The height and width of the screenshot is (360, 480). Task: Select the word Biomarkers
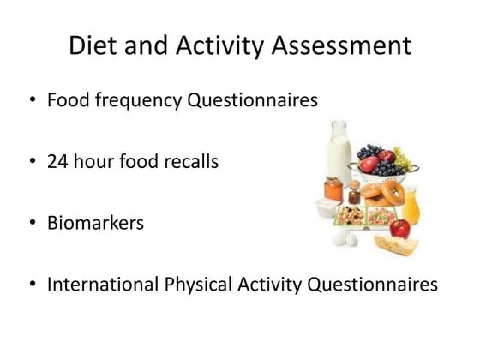click(95, 223)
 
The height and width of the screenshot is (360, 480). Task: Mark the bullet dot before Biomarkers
click(32, 224)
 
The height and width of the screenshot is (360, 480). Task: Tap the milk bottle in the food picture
click(340, 154)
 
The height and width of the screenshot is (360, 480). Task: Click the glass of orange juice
click(411, 203)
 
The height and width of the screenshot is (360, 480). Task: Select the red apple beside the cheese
click(399, 228)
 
